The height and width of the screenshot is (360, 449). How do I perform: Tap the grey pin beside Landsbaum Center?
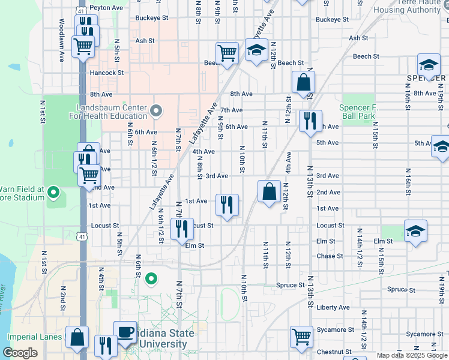156,110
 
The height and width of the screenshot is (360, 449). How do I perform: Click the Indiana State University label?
165,338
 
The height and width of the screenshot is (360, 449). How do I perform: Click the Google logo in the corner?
20,353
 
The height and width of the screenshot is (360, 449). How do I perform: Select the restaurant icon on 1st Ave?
227,205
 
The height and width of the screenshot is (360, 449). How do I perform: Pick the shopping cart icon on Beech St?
227,53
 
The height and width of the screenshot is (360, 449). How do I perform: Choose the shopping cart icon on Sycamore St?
301,336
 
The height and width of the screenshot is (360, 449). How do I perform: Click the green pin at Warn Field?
53,193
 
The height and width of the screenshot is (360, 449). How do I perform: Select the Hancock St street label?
106,73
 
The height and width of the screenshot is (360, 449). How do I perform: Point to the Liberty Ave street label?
333,307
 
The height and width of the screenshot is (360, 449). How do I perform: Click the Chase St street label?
330,256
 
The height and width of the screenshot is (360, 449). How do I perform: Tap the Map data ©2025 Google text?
412,355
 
